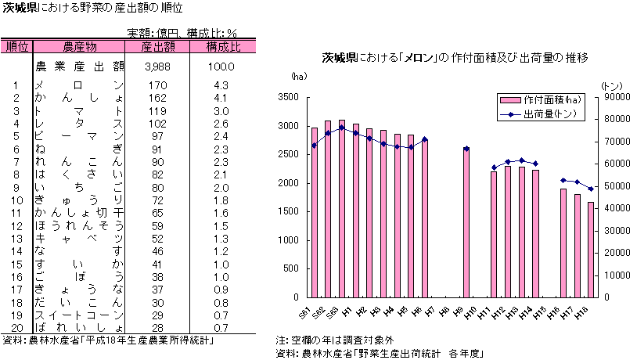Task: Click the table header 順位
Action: [16, 46]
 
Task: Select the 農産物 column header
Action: [79, 46]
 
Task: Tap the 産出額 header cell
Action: [157, 46]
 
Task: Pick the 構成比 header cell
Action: [223, 46]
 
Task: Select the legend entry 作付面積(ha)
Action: [551, 100]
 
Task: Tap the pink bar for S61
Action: [315, 211]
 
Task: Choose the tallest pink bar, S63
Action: [342, 208]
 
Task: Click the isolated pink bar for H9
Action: [466, 223]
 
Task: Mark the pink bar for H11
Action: [494, 234]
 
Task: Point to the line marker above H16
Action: [563, 180]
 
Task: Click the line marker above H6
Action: [425, 139]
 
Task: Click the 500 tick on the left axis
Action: [291, 268]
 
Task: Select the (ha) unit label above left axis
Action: [299, 76]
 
